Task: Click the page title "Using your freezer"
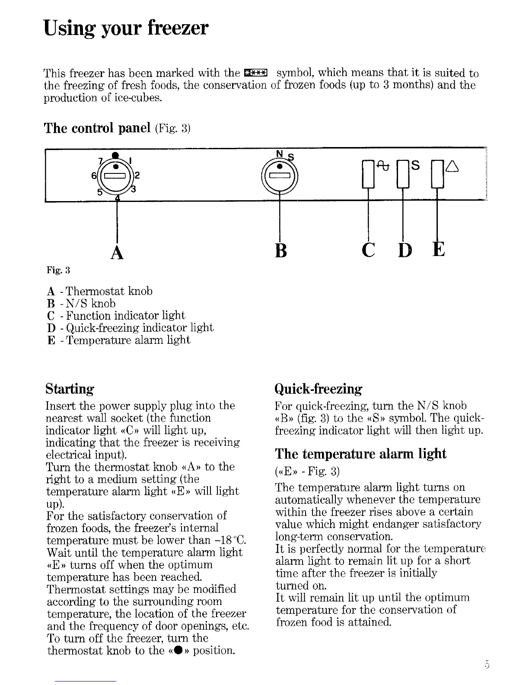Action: (x=126, y=28)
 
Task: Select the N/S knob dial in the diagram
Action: (x=280, y=176)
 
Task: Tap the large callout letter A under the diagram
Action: (x=117, y=251)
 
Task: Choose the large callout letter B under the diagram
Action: (x=280, y=250)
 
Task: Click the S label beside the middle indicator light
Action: (x=415, y=165)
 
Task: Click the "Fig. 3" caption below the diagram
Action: (x=58, y=271)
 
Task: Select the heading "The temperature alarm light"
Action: (x=360, y=454)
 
